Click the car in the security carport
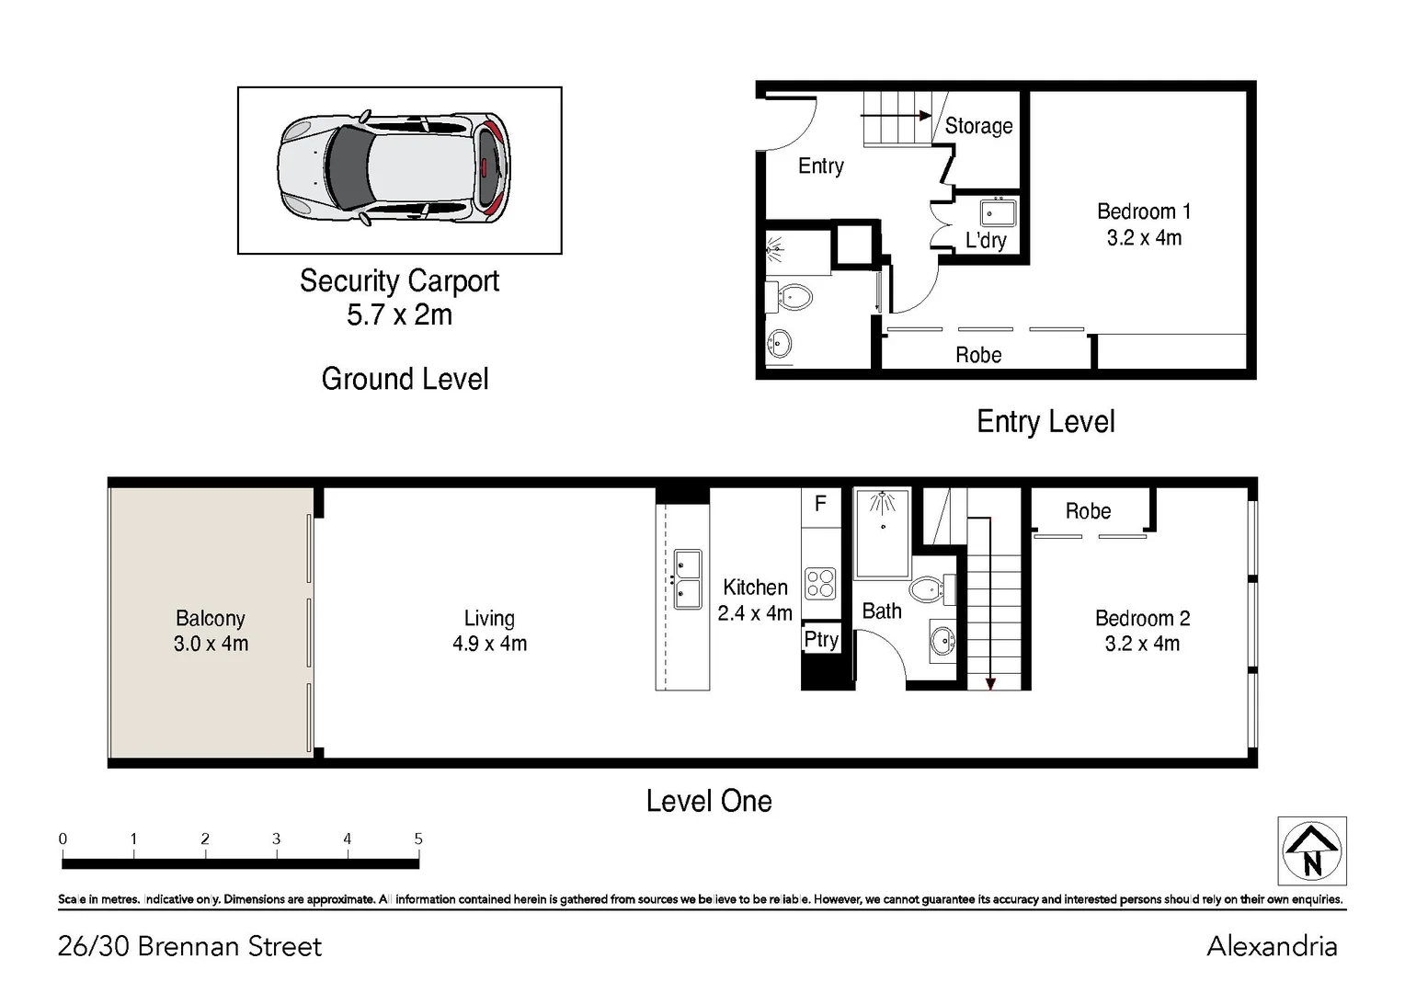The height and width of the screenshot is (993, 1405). (394, 169)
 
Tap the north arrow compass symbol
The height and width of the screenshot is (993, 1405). (1312, 850)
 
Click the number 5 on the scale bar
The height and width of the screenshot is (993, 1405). (418, 839)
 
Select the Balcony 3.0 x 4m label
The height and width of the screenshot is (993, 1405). (211, 631)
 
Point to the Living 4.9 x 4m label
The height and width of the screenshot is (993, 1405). (489, 631)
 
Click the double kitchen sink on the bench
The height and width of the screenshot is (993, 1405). (687, 579)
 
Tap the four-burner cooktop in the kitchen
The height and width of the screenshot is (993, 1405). (820, 583)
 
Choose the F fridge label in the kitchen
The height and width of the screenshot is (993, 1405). (820, 503)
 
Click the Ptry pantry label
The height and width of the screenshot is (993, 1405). (821, 639)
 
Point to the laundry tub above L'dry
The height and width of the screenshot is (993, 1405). (997, 213)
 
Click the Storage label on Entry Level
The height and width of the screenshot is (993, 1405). (978, 126)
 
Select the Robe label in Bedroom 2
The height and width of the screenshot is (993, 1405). (1088, 511)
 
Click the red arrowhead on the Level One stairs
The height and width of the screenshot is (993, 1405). (990, 683)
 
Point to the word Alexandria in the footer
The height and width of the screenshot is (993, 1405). (1272, 946)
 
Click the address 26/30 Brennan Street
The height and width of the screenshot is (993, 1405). (189, 946)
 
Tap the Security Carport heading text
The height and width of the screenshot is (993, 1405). (399, 281)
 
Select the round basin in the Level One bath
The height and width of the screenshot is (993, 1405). (942, 641)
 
